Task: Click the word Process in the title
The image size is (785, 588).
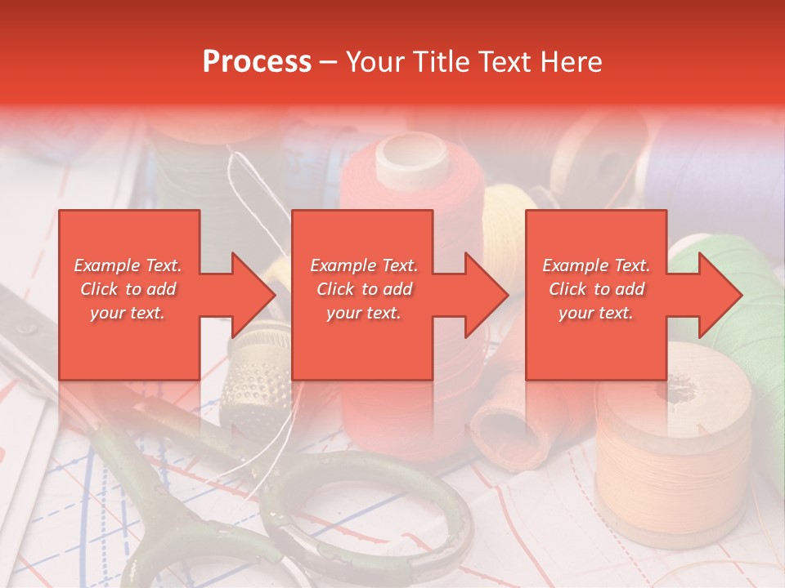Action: click(x=257, y=62)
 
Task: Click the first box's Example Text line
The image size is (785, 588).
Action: click(x=128, y=265)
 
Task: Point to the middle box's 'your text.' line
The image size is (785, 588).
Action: click(x=363, y=313)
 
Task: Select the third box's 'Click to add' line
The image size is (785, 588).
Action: click(x=596, y=289)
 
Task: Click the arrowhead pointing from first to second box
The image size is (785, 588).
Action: click(x=253, y=295)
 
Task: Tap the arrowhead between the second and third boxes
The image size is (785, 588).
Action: click(x=487, y=295)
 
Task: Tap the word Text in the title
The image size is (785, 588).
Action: click(x=505, y=62)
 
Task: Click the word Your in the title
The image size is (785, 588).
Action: click(x=374, y=62)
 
